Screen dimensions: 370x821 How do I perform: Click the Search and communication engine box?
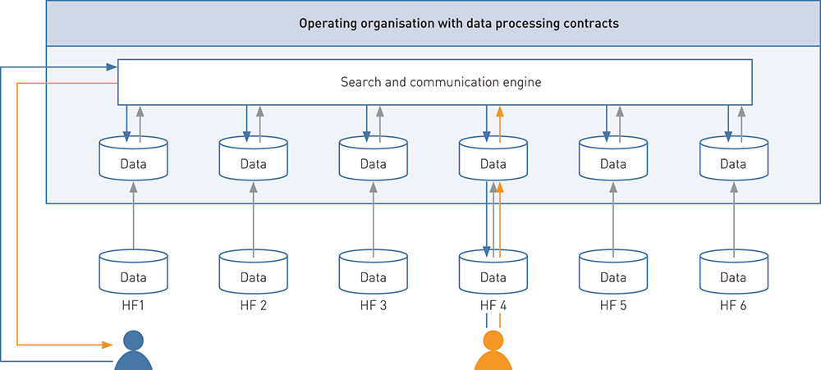pos(435,82)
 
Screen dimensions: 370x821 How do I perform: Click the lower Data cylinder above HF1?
pos(133,274)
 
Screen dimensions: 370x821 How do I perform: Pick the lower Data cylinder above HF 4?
pos(493,274)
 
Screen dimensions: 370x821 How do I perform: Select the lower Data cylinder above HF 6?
pos(732,274)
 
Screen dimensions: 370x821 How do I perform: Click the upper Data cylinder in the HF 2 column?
pos(253,160)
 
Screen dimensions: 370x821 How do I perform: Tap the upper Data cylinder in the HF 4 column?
pos(493,160)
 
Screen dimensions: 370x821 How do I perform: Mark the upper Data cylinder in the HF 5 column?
pos(612,160)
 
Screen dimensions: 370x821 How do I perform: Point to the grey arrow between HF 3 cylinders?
pos(373,217)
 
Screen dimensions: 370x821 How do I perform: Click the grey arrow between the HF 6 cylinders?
pos(732,217)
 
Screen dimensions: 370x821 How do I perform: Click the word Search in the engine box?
pos(360,82)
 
